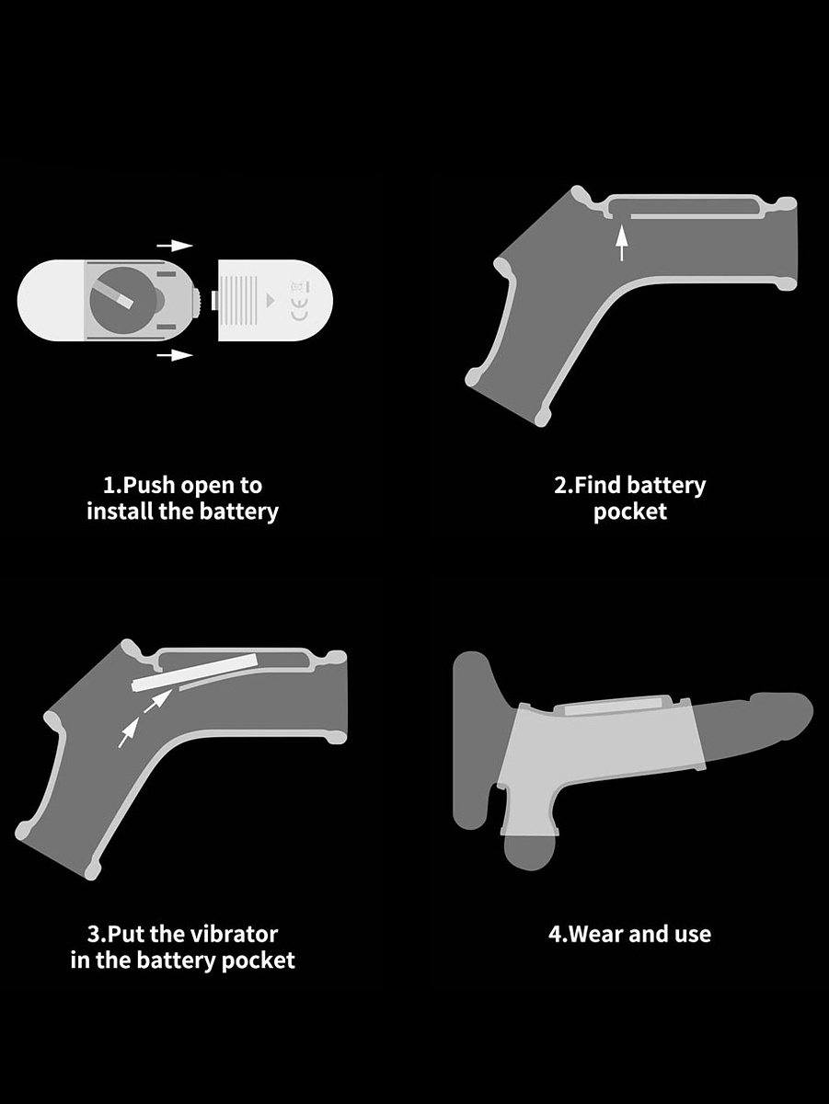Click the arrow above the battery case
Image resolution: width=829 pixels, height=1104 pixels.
coord(175,246)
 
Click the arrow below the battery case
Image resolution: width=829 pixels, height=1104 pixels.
coord(175,355)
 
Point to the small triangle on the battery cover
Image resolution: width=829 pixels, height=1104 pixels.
coord(271,301)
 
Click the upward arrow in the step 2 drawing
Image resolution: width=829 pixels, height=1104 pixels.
coord(622,243)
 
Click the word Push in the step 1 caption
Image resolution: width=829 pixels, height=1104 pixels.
coord(149,486)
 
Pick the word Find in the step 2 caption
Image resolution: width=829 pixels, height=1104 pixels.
coord(598,485)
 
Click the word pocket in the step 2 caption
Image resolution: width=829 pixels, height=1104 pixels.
coord(629,512)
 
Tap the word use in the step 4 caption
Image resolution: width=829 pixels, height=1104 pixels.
coord(693,936)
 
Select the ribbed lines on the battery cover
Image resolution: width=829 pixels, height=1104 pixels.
coord(240,300)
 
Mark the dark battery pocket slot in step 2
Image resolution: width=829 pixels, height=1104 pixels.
coord(684,207)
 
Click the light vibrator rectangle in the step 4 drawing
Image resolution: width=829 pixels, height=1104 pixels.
coord(613,709)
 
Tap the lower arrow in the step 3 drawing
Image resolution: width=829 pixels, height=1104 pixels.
coord(129,732)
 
